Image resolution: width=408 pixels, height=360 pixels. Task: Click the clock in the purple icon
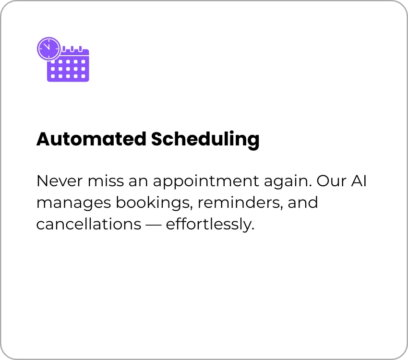point(49,48)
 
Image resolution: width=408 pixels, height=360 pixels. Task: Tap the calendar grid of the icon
point(68,69)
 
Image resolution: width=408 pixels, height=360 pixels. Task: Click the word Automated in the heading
point(91,139)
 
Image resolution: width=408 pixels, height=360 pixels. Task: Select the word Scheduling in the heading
point(205,139)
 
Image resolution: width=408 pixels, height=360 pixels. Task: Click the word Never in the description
point(60,181)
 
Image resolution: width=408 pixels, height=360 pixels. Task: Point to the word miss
point(106,181)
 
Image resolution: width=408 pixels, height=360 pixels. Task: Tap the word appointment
point(206,182)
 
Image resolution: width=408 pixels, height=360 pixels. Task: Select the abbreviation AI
point(359,181)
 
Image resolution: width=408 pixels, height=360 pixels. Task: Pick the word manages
point(73,204)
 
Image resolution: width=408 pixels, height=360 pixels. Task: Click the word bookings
point(155,204)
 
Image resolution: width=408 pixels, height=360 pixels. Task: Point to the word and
point(303,203)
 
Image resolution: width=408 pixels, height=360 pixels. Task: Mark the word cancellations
point(89,224)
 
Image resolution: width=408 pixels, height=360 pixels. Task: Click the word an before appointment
point(138,181)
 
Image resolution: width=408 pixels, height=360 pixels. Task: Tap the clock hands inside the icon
point(47,47)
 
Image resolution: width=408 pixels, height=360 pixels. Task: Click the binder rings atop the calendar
point(72,49)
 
